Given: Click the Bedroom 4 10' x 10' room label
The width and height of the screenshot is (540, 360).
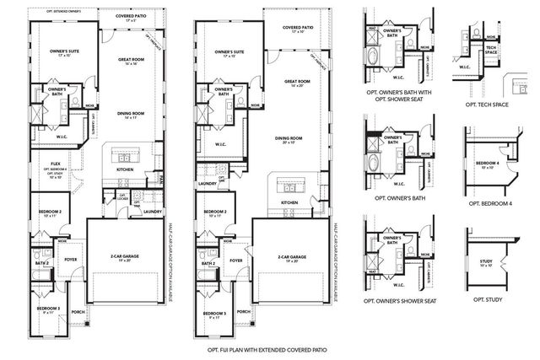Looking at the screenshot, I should coord(489,164).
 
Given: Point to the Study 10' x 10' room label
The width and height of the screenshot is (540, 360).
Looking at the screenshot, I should coord(485,262).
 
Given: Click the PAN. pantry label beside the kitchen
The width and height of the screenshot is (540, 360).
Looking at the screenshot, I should coord(161,179).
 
